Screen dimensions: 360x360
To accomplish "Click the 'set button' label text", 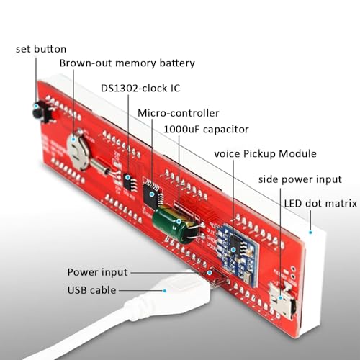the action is (x=41, y=49).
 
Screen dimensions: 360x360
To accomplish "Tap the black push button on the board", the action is (x=40, y=112).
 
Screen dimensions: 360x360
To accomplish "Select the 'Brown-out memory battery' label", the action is (x=127, y=63).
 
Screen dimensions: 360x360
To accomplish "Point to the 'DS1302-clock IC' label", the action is (x=140, y=89).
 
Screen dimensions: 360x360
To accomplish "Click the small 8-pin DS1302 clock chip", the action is (x=130, y=182).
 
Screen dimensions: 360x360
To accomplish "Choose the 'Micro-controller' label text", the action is (x=179, y=113).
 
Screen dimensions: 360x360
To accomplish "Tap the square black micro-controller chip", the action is (x=153, y=194).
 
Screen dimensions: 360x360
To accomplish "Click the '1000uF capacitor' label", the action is (x=206, y=130).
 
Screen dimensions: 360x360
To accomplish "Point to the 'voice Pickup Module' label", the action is (x=265, y=153).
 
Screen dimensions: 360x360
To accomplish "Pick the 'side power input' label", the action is (x=300, y=179).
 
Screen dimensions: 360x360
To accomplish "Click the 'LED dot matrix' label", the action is (x=320, y=204).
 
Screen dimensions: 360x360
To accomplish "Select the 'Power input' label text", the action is (x=97, y=272).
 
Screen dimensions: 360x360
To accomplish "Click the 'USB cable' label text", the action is (x=91, y=290).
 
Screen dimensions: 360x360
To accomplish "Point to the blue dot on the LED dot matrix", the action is (x=310, y=233).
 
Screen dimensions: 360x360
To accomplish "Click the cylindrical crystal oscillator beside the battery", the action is (x=99, y=166).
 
